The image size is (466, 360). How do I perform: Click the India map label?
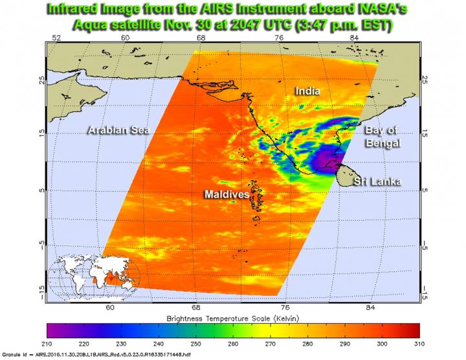pyautogui.click(x=307, y=92)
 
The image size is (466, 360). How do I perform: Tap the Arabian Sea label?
pyautogui.click(x=118, y=130)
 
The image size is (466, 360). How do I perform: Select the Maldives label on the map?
pyautogui.click(x=226, y=193)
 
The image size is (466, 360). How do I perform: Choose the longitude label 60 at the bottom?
pyautogui.click(x=110, y=306)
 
